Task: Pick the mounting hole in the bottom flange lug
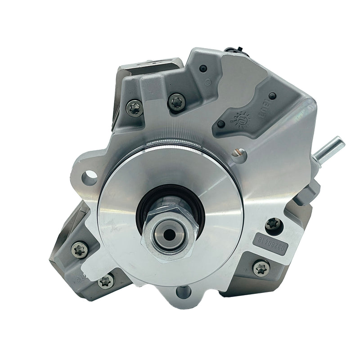pos(183,292)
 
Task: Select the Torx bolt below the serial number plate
pos(261,268)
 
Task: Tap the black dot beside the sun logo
pos(220,124)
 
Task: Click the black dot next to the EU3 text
pos(272,96)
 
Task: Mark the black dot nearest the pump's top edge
pos(203,68)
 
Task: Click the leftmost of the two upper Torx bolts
pos(134,107)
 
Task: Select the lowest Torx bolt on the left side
pos(106,282)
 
